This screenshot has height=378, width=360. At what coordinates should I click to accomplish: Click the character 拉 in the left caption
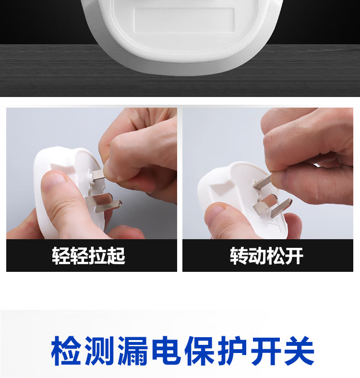pyautogui.click(x=98, y=256)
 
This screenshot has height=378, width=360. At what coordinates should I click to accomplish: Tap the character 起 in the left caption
pyautogui.click(x=116, y=256)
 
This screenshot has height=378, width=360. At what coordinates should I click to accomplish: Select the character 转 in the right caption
pyautogui.click(x=239, y=256)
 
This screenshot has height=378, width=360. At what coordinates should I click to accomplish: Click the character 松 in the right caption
pyautogui.click(x=276, y=256)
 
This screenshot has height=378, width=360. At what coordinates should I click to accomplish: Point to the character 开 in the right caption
pyautogui.click(x=294, y=256)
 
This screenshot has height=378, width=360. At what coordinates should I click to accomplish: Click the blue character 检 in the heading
pyautogui.click(x=66, y=351)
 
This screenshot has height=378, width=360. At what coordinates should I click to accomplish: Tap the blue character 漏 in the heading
pyautogui.click(x=132, y=351)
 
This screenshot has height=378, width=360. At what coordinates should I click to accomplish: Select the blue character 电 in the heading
pyautogui.click(x=166, y=351)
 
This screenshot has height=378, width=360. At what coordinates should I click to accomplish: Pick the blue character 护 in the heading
pyautogui.click(x=232, y=351)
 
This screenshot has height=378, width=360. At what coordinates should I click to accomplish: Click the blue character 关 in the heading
pyautogui.click(x=299, y=351)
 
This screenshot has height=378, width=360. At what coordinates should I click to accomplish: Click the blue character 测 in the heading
pyautogui.click(x=99, y=351)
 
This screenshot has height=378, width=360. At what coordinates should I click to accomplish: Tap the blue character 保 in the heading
pyautogui.click(x=199, y=351)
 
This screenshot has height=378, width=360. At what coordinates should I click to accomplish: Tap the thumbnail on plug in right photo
pyautogui.click(x=215, y=210)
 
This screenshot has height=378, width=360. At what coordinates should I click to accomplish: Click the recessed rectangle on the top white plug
pyautogui.click(x=184, y=20)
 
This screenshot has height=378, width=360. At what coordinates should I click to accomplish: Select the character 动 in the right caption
pyautogui.click(x=257, y=256)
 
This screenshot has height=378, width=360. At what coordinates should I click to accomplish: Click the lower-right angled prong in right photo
pyautogui.click(x=281, y=207)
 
